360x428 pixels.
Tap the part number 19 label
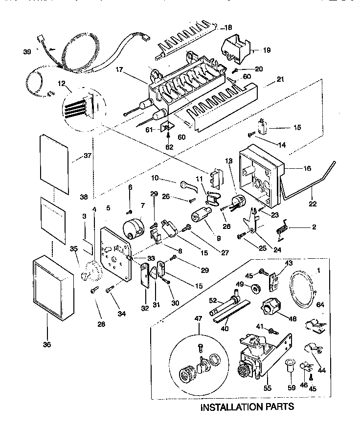(266, 50)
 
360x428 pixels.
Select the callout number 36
(47, 344)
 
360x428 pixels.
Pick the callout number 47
(199, 318)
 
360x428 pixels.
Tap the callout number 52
(213, 301)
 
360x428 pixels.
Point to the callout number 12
(62, 83)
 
